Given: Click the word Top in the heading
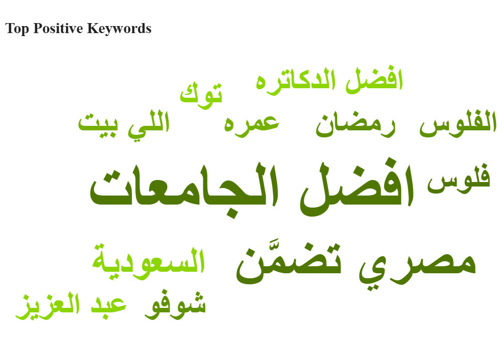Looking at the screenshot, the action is click(x=17, y=29).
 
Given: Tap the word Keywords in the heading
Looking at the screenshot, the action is click(x=119, y=28).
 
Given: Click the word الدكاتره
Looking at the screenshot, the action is click(x=296, y=80).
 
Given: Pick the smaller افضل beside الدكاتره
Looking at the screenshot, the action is click(x=374, y=79).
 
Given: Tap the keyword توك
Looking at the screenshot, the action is click(x=201, y=94).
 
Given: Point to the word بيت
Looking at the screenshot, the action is click(x=98, y=124).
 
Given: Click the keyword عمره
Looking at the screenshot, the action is click(x=251, y=124).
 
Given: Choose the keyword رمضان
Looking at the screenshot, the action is click(x=356, y=124).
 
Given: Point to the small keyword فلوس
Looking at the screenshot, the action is click(x=458, y=179).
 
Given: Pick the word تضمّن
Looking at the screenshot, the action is click(x=288, y=263).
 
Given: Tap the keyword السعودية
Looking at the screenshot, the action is click(x=148, y=261).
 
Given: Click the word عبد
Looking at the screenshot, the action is click(x=109, y=304).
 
